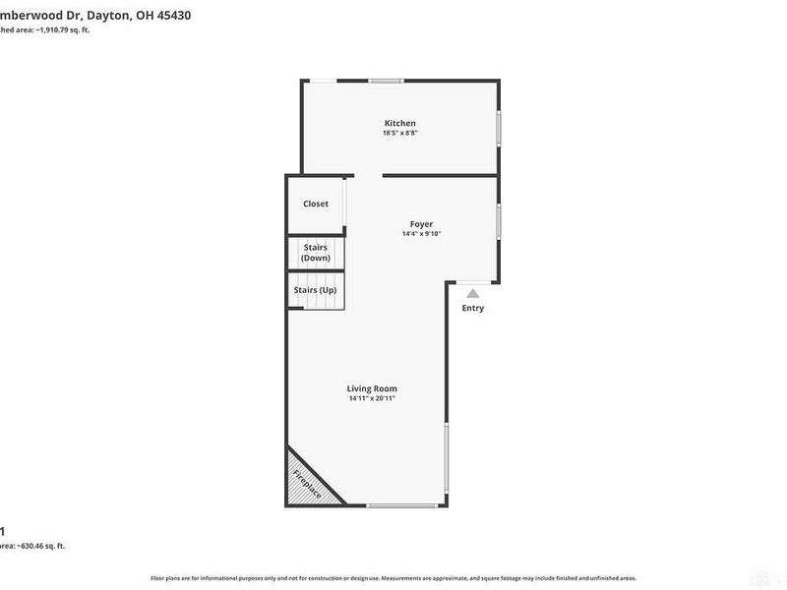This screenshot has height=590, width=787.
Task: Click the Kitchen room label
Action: click(399, 123)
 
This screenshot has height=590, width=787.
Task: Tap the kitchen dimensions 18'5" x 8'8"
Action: click(399, 134)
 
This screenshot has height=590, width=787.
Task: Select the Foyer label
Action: click(421, 224)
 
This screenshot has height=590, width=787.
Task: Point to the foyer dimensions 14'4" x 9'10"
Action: click(421, 234)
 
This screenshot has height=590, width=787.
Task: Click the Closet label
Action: click(316, 204)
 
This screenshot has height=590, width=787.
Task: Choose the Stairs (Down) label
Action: click(316, 253)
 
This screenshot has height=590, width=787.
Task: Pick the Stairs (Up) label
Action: click(315, 290)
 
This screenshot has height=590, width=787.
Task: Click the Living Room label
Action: click(372, 388)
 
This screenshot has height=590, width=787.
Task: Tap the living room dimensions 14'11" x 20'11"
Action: click(372, 399)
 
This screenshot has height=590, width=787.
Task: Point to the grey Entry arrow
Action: click(473, 292)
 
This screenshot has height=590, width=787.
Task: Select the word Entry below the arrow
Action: click(473, 308)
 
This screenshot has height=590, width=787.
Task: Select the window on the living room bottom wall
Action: click(401, 505)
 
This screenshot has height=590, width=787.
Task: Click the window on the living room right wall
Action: click(447, 457)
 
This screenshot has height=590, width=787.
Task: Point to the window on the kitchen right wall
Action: click(499, 129)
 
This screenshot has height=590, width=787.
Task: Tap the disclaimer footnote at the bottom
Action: click(393, 578)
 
